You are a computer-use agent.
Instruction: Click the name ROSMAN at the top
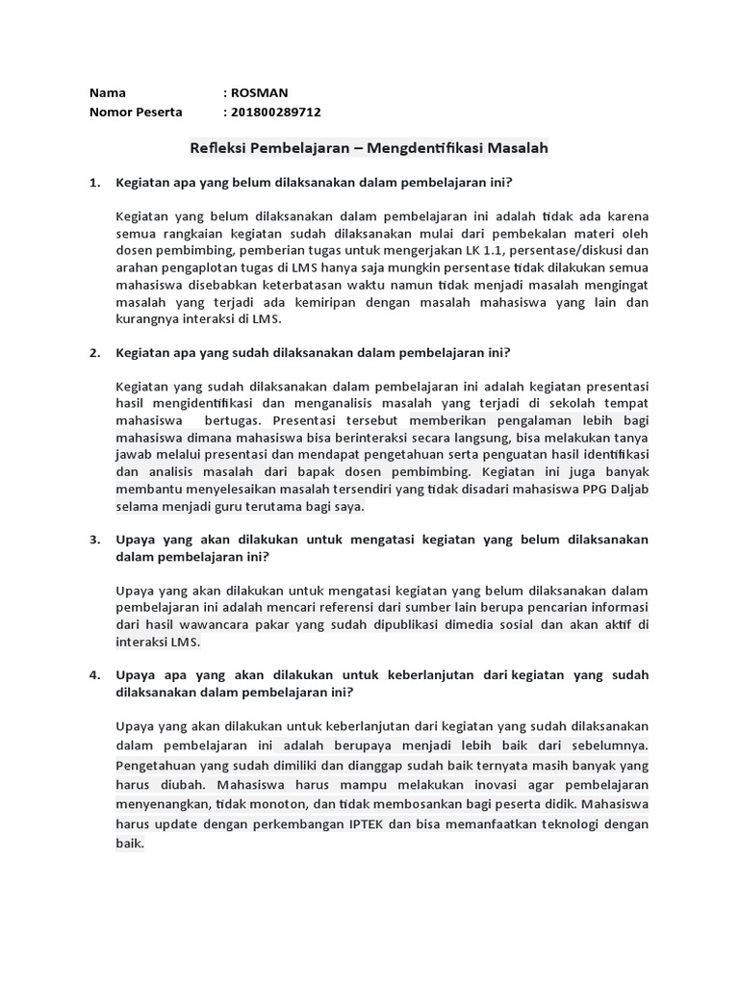click(258, 93)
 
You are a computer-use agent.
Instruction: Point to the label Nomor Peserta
click(136, 112)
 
